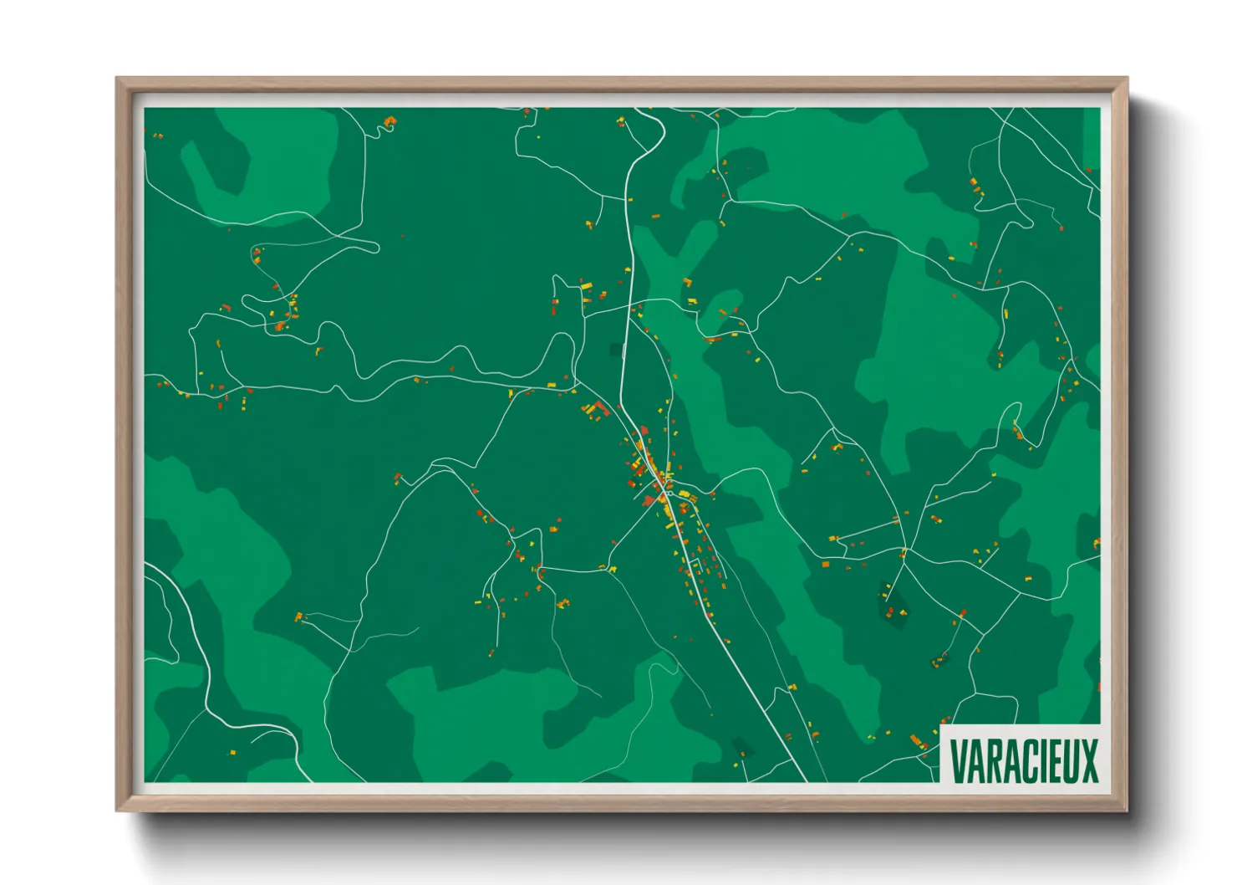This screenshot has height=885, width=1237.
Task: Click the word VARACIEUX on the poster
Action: pos(1024,760)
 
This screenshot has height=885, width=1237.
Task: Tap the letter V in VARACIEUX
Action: pos(958,760)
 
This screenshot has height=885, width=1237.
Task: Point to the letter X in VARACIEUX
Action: pos(1088,760)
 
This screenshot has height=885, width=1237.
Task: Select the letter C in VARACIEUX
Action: pos(1020,760)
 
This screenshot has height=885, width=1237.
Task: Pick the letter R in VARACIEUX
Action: pos(990,760)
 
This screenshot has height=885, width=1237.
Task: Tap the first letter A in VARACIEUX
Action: pos(974,760)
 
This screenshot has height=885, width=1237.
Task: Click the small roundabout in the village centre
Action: pos(669,494)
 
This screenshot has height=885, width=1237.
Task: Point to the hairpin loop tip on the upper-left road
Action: pos(375,247)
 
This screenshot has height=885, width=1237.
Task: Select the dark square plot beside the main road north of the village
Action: pos(617,349)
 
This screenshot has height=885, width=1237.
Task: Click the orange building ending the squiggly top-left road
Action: pos(389,122)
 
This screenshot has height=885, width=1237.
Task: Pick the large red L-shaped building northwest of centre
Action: pos(596,409)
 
